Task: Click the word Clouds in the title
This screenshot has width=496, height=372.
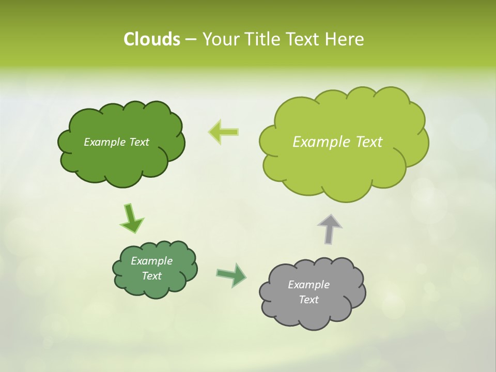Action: (x=151, y=39)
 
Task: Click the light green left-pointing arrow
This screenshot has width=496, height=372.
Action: (x=224, y=132)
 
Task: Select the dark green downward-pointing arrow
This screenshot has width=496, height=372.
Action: (x=131, y=218)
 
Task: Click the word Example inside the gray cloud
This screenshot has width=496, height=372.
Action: (x=308, y=285)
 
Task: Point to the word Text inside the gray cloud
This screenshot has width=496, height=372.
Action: (x=308, y=300)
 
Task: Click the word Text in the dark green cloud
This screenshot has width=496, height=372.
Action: (x=138, y=142)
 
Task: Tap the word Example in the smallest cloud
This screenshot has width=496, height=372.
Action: (x=151, y=261)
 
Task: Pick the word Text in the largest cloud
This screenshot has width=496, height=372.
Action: (x=369, y=142)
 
